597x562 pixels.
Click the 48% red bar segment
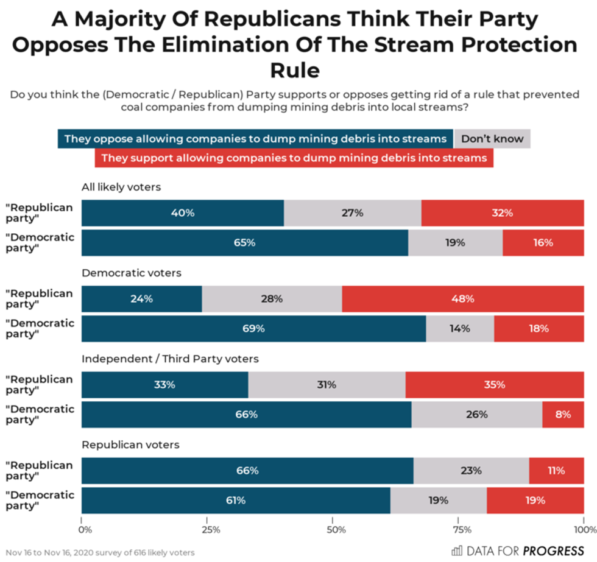point(462,299)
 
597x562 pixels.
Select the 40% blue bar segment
point(183,213)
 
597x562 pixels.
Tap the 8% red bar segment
point(563,415)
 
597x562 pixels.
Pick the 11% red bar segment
point(556,471)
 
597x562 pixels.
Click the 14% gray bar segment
point(460,329)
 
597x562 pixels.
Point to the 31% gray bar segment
point(327,385)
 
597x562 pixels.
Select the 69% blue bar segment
point(253,329)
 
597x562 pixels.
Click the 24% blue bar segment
point(141,299)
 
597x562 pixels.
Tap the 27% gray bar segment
point(352,213)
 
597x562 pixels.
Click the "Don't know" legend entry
point(492,139)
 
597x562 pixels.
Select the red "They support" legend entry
point(294,158)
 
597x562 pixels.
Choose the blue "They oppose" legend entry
point(255,139)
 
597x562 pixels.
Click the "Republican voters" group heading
point(130,445)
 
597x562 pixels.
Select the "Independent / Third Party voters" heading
point(170,359)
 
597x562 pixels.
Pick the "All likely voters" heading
point(121,187)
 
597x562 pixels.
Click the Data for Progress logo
point(517,551)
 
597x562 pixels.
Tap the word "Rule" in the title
point(295,70)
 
